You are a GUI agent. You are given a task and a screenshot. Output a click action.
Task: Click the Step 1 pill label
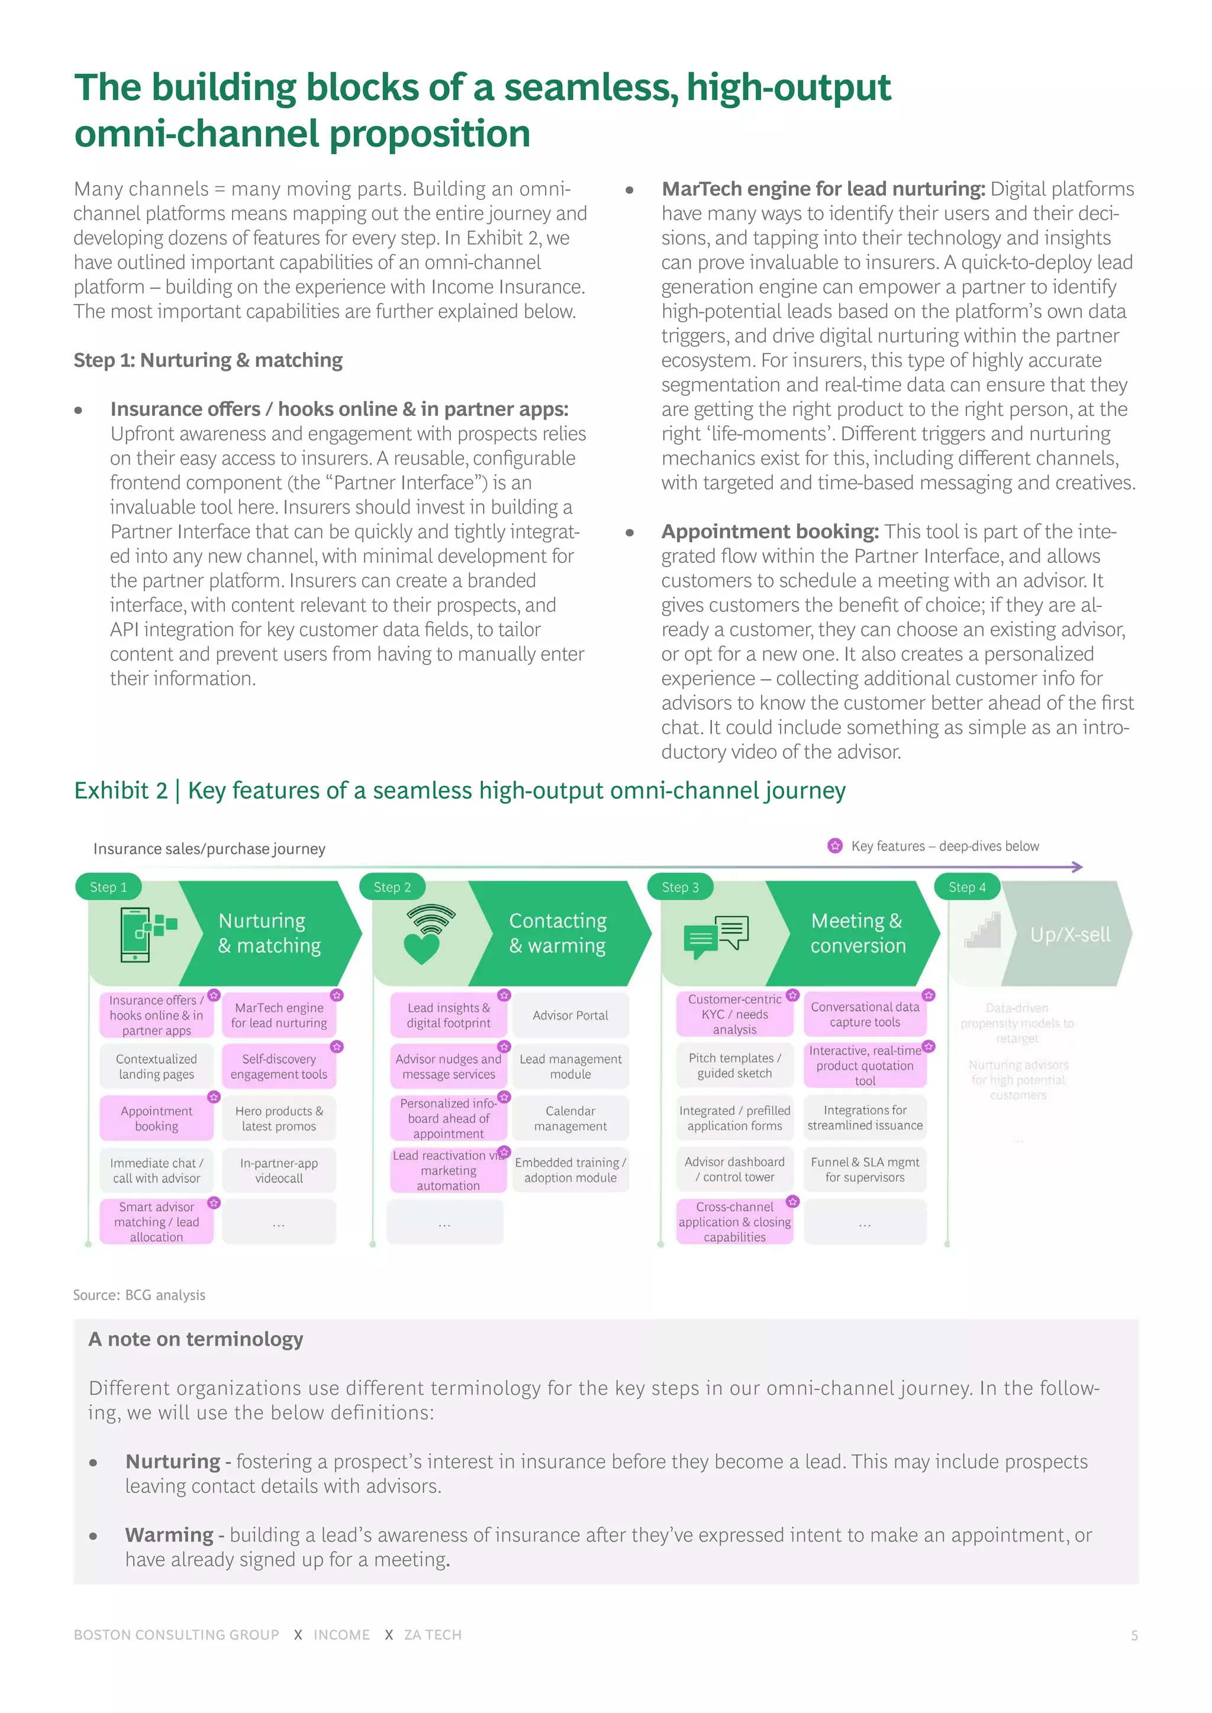pyautogui.click(x=108, y=887)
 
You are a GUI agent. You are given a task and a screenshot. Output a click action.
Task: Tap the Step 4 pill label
pyautogui.click(x=966, y=887)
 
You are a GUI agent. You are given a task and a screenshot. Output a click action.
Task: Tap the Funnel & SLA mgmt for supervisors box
pyautogui.click(x=865, y=1169)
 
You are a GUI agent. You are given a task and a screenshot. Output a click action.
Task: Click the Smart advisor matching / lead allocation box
pyautogui.click(x=157, y=1221)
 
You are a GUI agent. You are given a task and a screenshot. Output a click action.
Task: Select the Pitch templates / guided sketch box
pyautogui.click(x=734, y=1065)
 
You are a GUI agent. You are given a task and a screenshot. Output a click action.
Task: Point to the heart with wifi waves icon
pyautogui.click(x=426, y=934)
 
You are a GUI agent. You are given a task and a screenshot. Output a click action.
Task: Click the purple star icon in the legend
pyautogui.click(x=835, y=846)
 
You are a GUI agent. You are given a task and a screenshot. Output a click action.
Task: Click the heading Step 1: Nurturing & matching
pyautogui.click(x=208, y=360)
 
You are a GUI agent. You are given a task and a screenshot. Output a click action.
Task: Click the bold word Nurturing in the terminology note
pyautogui.click(x=172, y=1462)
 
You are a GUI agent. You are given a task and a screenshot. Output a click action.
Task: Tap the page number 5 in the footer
pyautogui.click(x=1134, y=1636)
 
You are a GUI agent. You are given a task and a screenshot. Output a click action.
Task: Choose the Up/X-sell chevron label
pyautogui.click(x=1069, y=935)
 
